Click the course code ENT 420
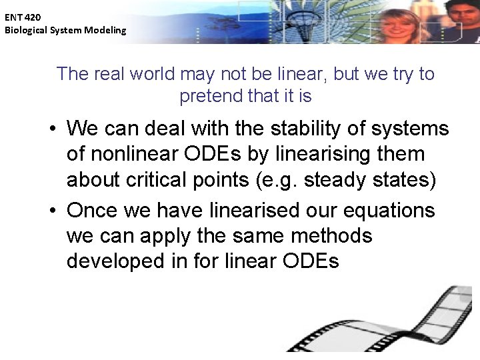tap(23, 18)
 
